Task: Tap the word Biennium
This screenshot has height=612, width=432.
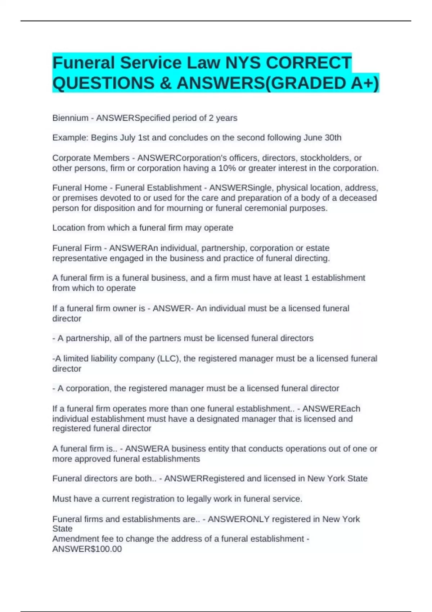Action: pos(70,118)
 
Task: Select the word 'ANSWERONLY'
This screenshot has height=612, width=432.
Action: pos(239,519)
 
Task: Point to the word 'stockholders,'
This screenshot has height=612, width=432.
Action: pos(326,158)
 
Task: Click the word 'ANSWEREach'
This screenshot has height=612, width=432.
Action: pos(331,409)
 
